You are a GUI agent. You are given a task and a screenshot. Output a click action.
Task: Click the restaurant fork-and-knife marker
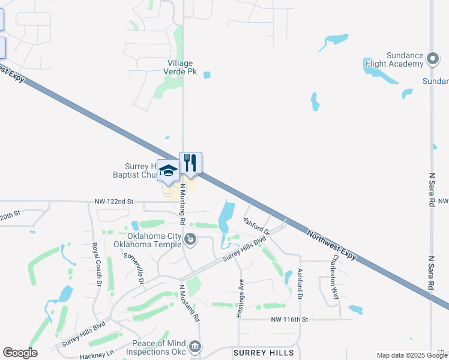[x=190, y=163]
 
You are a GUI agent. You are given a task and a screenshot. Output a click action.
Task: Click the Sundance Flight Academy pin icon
[x=433, y=59]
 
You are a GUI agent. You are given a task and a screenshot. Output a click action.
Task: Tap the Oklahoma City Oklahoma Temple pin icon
[x=190, y=240]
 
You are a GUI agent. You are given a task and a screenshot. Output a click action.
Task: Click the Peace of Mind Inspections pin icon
[x=195, y=347]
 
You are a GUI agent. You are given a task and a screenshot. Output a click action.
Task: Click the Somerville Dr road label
[x=134, y=268]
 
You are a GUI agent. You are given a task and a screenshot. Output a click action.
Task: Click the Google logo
[x=20, y=353]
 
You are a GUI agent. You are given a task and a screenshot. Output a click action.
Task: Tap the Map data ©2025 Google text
[x=412, y=355]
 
